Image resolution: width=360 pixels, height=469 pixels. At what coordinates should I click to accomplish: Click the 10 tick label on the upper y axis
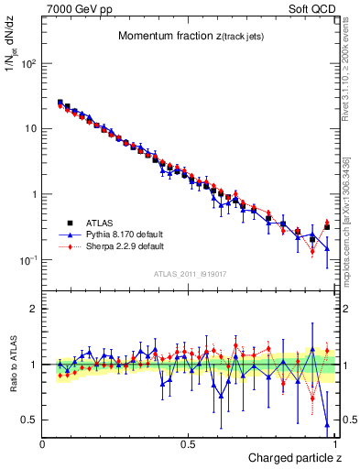(x=31, y=129)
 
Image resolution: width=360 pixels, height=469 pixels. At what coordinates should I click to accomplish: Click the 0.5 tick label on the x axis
(x=188, y=443)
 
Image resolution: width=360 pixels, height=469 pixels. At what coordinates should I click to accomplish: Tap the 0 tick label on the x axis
(x=43, y=443)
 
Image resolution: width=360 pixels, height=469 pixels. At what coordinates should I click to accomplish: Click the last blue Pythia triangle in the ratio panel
(x=327, y=423)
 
